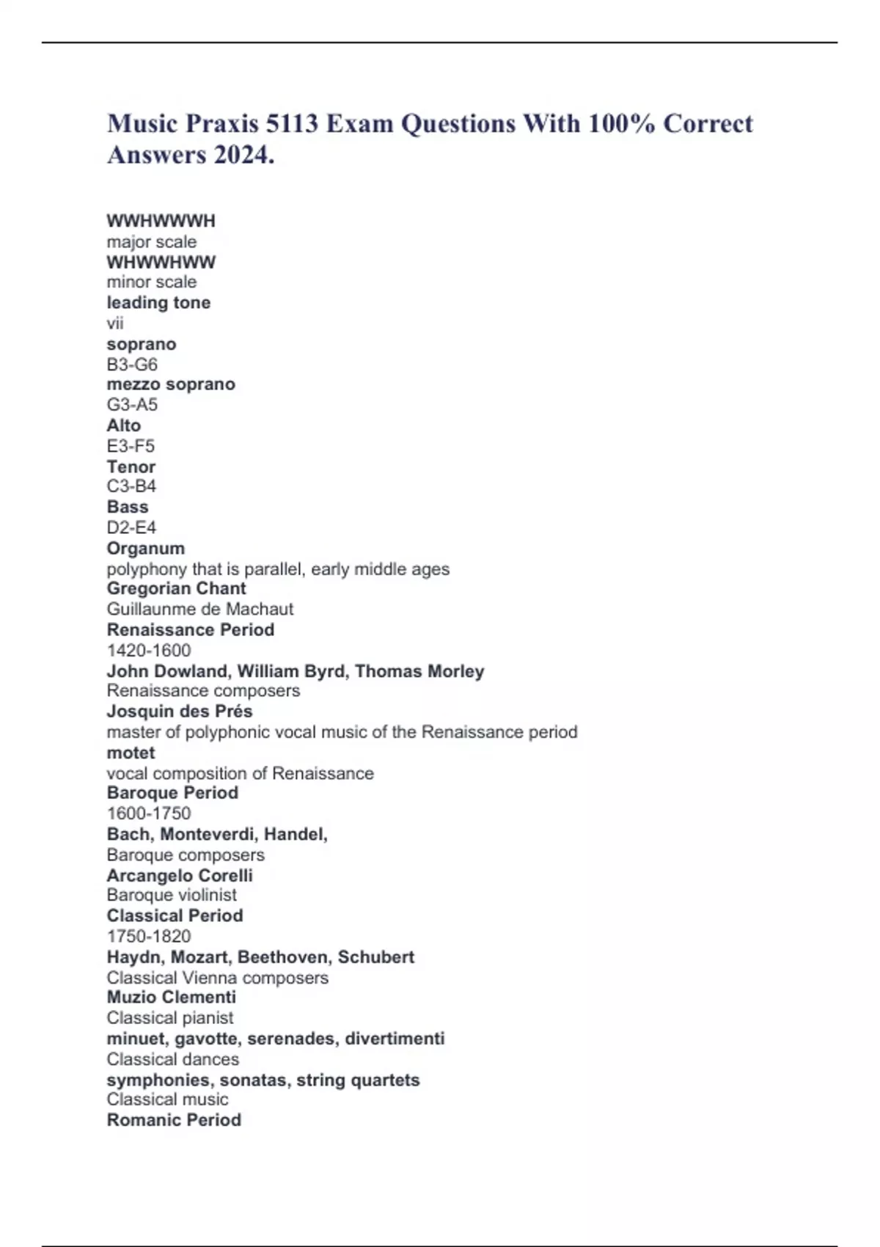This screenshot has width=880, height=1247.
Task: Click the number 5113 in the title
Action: coord(292,123)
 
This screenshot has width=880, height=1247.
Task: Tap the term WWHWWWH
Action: coord(161,221)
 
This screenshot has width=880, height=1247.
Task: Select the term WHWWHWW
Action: coord(161,262)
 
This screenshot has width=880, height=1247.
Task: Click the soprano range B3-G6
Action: coord(132,365)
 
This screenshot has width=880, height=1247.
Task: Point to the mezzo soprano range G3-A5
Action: coord(132,404)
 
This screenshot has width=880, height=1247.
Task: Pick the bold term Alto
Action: coord(123,425)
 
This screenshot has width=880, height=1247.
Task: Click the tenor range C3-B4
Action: coord(131,486)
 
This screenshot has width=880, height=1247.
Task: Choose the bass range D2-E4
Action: coord(131,527)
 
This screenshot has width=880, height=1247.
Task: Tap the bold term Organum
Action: coord(145,548)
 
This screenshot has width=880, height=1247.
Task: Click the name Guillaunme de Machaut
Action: coord(199,609)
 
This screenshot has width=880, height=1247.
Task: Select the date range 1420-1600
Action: coord(148,650)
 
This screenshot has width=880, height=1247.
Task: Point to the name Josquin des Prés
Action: coord(179,711)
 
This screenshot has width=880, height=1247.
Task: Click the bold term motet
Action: coord(131,753)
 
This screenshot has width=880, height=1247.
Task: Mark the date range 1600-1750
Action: coord(148,813)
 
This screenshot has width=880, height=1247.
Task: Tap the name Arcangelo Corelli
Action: coord(179,875)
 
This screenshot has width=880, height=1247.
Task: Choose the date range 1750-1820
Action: coord(148,936)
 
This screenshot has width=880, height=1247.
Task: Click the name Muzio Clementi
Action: coord(171,997)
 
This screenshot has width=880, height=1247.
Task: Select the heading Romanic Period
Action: coord(173,1120)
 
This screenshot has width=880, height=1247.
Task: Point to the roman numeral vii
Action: coord(115,323)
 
